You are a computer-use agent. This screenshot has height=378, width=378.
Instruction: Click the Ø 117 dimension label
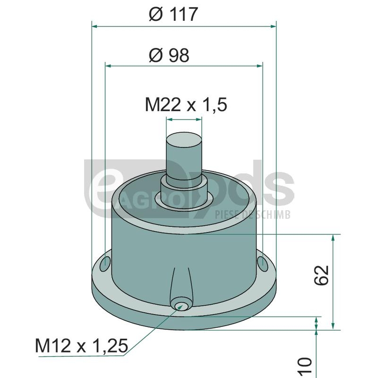pyautogui.click(x=173, y=14)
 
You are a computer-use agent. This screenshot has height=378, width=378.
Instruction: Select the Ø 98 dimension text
pyautogui.click(x=169, y=55)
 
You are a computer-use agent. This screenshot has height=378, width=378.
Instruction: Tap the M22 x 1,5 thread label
pyautogui.click(x=186, y=105)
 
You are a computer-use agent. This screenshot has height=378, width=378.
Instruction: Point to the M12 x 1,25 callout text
pyautogui.click(x=81, y=346)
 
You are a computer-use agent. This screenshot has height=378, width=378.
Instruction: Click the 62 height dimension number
pyautogui.click(x=322, y=275)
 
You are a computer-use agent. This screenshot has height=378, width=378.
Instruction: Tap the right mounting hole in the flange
pyautogui.click(x=263, y=264)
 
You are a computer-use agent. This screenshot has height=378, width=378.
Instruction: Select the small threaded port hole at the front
pyautogui.click(x=180, y=306)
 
